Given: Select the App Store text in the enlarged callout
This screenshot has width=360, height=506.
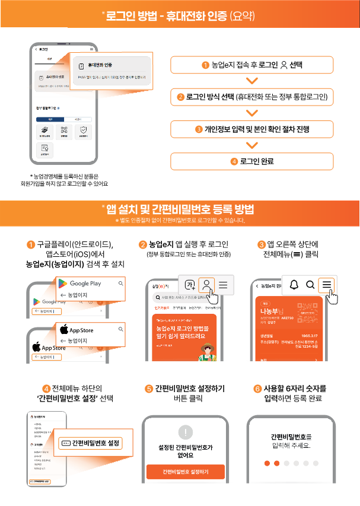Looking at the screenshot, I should point(81,330).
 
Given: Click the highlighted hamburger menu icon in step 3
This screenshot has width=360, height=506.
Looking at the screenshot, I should point(326,285).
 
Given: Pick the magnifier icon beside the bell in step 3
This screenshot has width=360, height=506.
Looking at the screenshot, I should point(310,285).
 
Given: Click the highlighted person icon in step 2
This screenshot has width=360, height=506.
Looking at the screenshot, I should point(206,284).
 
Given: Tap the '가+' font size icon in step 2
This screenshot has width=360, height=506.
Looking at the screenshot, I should point(189,284).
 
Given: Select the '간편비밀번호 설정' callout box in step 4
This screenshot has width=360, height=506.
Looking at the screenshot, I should point(94,443).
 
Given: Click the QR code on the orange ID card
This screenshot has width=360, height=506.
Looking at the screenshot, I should point(314,311).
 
